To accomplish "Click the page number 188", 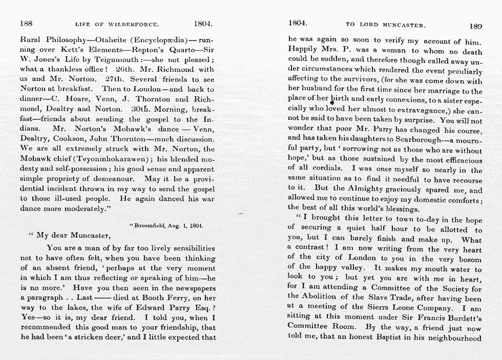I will [x=27, y=24].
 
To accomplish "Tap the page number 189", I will [x=475, y=26].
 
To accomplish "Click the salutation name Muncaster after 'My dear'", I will [x=89, y=236].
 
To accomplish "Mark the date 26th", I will [x=125, y=69].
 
